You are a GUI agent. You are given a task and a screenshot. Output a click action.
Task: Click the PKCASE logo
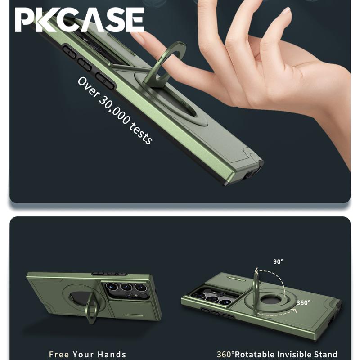pyautogui.click(x=79, y=21)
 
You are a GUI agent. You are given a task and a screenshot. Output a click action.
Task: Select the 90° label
pyautogui.click(x=279, y=261)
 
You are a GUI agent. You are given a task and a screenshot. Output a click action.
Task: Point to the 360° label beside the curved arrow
pyautogui.click(x=303, y=302)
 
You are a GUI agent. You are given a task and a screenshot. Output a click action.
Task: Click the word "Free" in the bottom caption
pyautogui.click(x=59, y=355)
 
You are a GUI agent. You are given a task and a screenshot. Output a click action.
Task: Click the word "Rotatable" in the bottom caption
pyautogui.click(x=256, y=355)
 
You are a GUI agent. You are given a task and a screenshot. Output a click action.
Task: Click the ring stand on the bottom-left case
pyautogui.click(x=92, y=306)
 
